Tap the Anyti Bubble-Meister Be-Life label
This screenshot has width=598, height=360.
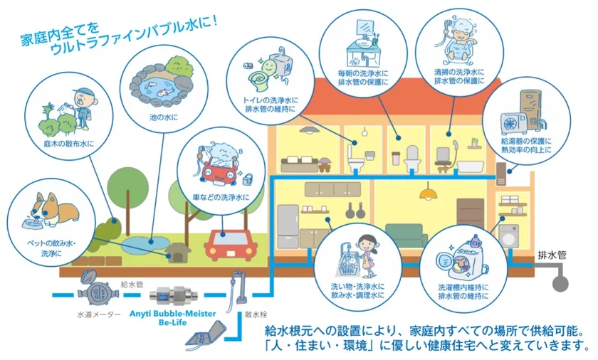(x=172, y=318)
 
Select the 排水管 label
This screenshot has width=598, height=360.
(x=552, y=255)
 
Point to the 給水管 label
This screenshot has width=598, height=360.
(x=132, y=284)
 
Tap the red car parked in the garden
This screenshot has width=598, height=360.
(x=229, y=245)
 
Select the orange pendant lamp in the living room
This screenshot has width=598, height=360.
(x=428, y=194)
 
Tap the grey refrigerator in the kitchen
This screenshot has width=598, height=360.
(x=288, y=227)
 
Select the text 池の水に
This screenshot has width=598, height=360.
(x=164, y=117)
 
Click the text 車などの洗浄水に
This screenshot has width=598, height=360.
(x=221, y=197)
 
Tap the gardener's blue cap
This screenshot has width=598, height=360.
(x=84, y=93)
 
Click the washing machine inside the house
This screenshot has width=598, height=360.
(x=509, y=237)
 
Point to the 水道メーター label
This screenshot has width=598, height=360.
(x=99, y=314)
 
